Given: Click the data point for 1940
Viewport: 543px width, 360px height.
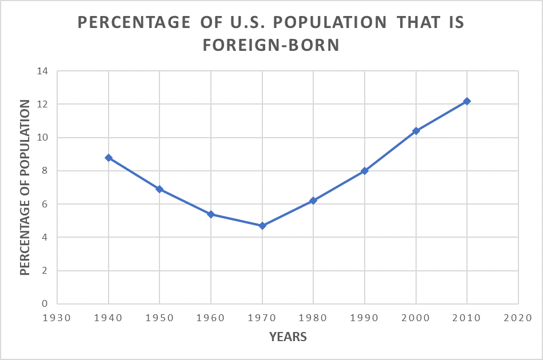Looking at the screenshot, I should coord(109,158).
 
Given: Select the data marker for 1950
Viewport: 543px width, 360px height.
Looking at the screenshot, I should coord(159,189).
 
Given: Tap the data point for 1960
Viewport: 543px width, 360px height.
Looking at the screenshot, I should coord(211,214).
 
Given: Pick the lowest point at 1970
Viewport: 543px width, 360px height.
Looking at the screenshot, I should coord(262,226).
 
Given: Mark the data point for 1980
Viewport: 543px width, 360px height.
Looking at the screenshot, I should coord(313,201).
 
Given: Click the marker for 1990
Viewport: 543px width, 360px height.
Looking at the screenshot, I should coord(365,171).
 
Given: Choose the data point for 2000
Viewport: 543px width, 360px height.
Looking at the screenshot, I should coord(416,131).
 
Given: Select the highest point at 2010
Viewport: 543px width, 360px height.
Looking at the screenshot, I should coord(467,101).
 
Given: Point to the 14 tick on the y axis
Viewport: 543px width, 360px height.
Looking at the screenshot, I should coord(43,71).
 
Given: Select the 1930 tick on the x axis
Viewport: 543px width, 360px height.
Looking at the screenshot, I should coord(57,317).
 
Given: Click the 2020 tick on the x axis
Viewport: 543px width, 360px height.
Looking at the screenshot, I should coord(518,317).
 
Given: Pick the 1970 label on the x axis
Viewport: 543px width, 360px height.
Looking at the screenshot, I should coord(262,317).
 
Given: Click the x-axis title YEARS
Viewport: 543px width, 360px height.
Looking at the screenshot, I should coord(288,337).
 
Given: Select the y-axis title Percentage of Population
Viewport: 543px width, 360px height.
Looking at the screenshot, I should coord(25,187).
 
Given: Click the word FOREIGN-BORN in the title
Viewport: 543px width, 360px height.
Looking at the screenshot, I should coord(271,46).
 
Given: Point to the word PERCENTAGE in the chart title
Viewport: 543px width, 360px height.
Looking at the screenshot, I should coord(130,22).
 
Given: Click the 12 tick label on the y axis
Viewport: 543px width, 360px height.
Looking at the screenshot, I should coord(43,105).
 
